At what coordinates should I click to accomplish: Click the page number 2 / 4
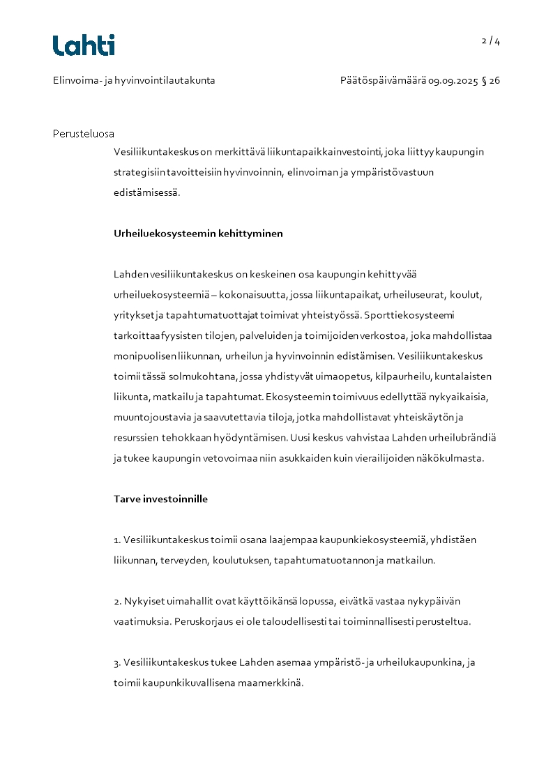(491, 41)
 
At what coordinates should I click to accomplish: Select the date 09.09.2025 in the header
(453, 81)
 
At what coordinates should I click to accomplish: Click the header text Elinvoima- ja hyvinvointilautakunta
(134, 81)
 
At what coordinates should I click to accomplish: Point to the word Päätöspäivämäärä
(383, 81)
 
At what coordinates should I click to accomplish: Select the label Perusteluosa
(83, 134)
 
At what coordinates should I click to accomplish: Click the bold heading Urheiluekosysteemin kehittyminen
(198, 234)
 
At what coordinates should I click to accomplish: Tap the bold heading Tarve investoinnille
(160, 499)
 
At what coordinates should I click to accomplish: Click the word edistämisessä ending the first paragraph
(146, 193)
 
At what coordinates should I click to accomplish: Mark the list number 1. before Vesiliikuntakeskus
(117, 540)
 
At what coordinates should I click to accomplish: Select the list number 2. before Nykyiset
(117, 601)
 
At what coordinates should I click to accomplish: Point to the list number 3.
(117, 662)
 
